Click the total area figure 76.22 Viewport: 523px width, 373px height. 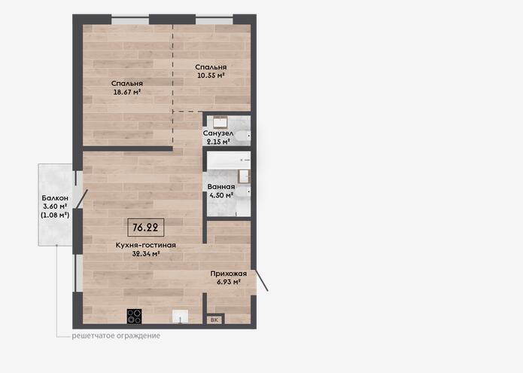pyautogui.click(x=145, y=228)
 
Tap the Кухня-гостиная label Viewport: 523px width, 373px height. pyautogui.click(x=146, y=245)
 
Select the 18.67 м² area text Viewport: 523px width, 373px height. pyautogui.click(x=126, y=92)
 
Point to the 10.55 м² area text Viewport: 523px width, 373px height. pyautogui.click(x=211, y=75)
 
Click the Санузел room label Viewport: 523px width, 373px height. pyautogui.click(x=218, y=133)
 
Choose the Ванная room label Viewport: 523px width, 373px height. pyautogui.click(x=221, y=187)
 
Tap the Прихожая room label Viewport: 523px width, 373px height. pyautogui.click(x=229, y=274)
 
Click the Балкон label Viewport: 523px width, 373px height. pyautogui.click(x=55, y=198)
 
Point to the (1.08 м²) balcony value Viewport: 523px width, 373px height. pyautogui.click(x=55, y=215)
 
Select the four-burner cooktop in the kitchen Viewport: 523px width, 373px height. pyautogui.click(x=135, y=316)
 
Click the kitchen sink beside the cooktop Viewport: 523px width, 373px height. pyautogui.click(x=180, y=316)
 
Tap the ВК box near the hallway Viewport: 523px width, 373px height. pyautogui.click(x=214, y=319)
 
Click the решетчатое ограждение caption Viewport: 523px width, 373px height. pyautogui.click(x=116, y=335)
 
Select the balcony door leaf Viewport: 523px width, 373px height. pyautogui.click(x=82, y=199)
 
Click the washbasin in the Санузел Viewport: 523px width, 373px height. pyautogui.click(x=220, y=122)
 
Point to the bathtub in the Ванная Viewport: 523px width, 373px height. pyautogui.click(x=229, y=161)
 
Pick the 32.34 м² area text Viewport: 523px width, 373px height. pyautogui.click(x=146, y=254)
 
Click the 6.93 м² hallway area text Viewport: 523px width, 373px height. pyautogui.click(x=229, y=282)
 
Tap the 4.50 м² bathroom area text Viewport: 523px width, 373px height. pyautogui.click(x=221, y=195)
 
